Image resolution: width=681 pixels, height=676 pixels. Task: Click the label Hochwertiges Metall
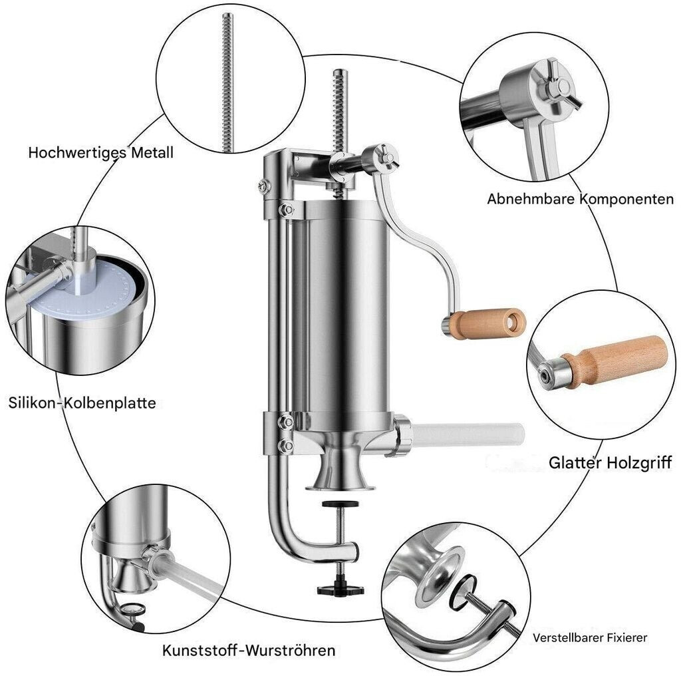tap(101, 152)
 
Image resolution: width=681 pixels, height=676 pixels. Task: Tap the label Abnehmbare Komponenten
tap(580, 199)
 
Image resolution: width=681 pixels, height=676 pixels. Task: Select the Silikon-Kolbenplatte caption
tap(82, 403)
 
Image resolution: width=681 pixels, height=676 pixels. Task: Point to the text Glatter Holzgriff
tap(611, 462)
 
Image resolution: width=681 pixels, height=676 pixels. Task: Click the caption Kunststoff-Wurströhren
tap(249, 650)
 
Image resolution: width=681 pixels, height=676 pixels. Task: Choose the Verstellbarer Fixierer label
tap(590, 638)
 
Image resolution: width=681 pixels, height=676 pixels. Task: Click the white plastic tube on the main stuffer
tap(467, 434)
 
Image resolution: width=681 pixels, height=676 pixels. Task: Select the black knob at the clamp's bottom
tap(340, 590)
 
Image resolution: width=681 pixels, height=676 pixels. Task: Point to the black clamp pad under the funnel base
tap(340, 504)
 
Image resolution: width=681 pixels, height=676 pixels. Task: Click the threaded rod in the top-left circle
tap(227, 83)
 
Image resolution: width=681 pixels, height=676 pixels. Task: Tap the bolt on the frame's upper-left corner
tap(263, 186)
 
